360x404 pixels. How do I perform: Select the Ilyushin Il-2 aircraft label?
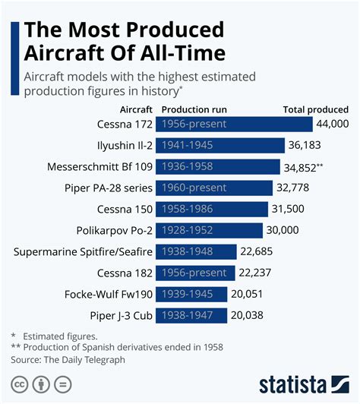119,145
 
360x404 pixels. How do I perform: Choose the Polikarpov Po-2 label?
113,230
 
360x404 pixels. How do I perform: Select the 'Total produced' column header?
315,109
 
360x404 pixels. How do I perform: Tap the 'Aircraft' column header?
131,109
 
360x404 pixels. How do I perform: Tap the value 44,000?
332,124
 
